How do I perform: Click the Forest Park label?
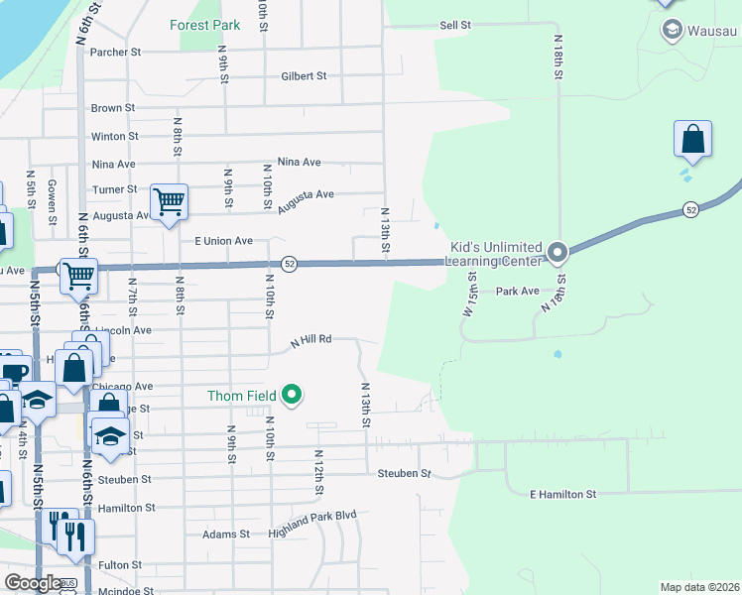(x=204, y=25)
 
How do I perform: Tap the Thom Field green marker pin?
(x=292, y=396)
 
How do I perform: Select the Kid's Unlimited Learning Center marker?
(x=557, y=253)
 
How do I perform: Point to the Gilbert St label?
(x=304, y=75)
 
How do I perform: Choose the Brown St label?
(x=112, y=108)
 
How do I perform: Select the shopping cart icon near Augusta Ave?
(x=169, y=201)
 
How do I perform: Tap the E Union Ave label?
(x=223, y=241)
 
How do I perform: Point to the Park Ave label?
(x=517, y=292)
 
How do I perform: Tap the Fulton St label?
(x=120, y=564)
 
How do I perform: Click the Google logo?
(x=33, y=583)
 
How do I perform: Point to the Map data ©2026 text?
(x=700, y=587)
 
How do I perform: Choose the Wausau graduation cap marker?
(x=672, y=30)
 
